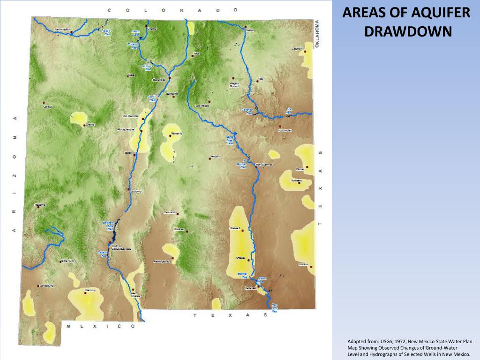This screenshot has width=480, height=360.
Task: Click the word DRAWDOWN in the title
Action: [407, 31]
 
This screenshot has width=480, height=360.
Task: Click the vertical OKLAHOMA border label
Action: [318, 33]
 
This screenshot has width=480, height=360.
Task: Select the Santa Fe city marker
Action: [174, 97]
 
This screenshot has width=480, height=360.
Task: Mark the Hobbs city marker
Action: [311, 267]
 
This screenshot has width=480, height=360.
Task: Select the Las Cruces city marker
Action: [133, 290]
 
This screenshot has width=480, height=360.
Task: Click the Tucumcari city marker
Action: [279, 127]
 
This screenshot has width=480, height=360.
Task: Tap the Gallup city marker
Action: [44, 103]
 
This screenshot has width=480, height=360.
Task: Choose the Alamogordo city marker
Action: [172, 258]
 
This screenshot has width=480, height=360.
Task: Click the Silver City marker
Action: [60, 262]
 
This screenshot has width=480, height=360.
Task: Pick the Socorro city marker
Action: [129, 189]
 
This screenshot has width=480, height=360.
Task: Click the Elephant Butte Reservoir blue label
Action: [108, 225]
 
